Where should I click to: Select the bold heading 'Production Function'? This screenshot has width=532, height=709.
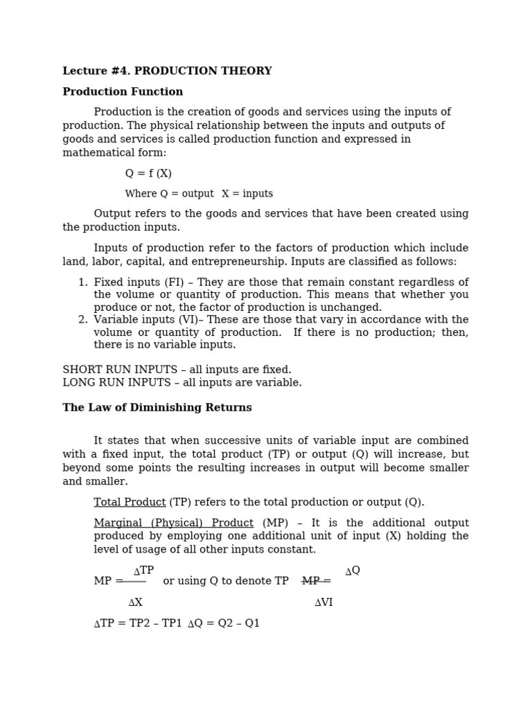123,91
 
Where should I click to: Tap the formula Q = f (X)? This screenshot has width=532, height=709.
148,173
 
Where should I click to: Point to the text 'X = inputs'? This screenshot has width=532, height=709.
247,194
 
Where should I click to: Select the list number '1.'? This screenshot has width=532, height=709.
82,282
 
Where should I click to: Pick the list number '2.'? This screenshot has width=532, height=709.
82,320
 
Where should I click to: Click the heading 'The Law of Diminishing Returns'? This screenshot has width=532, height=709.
157,408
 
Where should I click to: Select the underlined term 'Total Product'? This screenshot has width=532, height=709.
130,503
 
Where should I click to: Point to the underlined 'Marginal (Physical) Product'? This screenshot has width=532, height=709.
173,523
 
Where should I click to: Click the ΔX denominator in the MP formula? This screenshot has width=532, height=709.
135,602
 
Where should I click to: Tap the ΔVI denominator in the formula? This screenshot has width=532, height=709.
323,602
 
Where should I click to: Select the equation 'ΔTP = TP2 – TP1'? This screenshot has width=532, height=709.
138,623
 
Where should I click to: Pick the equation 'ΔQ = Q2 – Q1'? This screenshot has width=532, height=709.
224,623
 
